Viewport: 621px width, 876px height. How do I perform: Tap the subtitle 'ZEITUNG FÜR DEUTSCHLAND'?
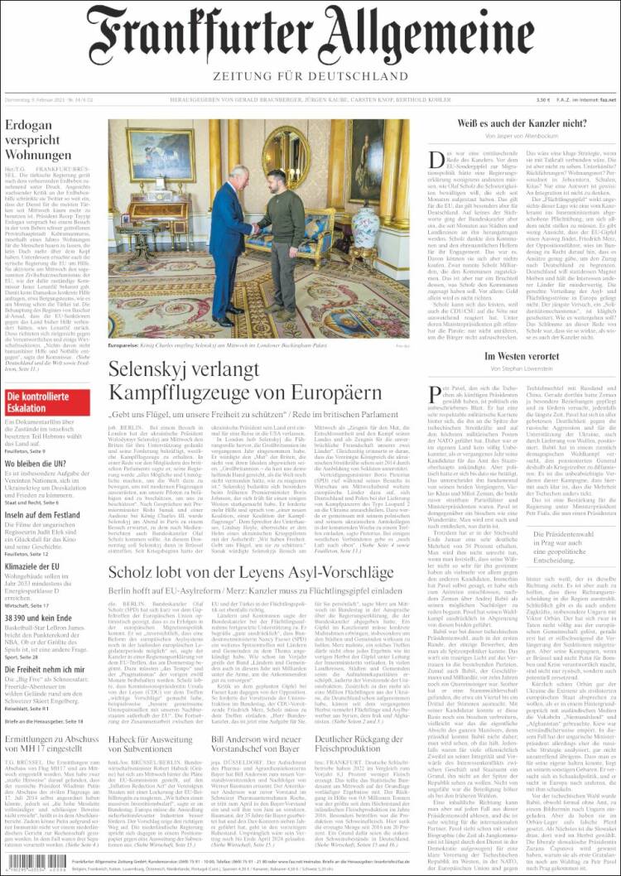point(310,78)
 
